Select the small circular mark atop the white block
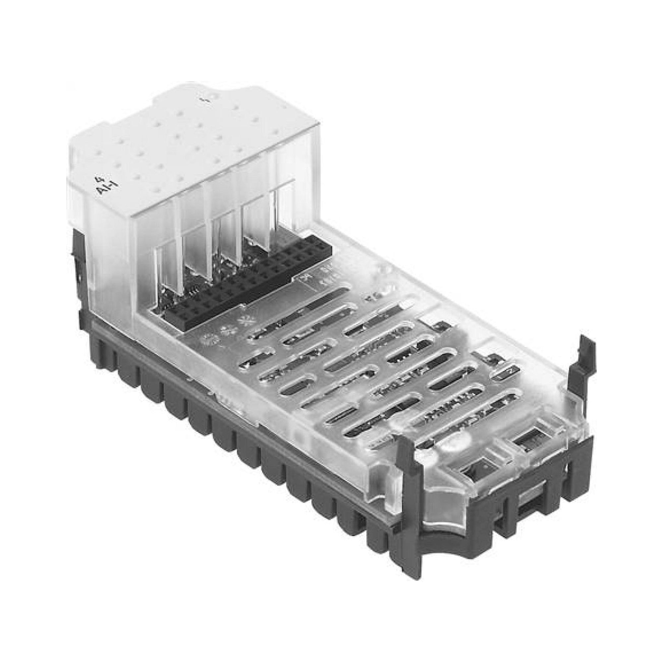(x=212, y=97)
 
